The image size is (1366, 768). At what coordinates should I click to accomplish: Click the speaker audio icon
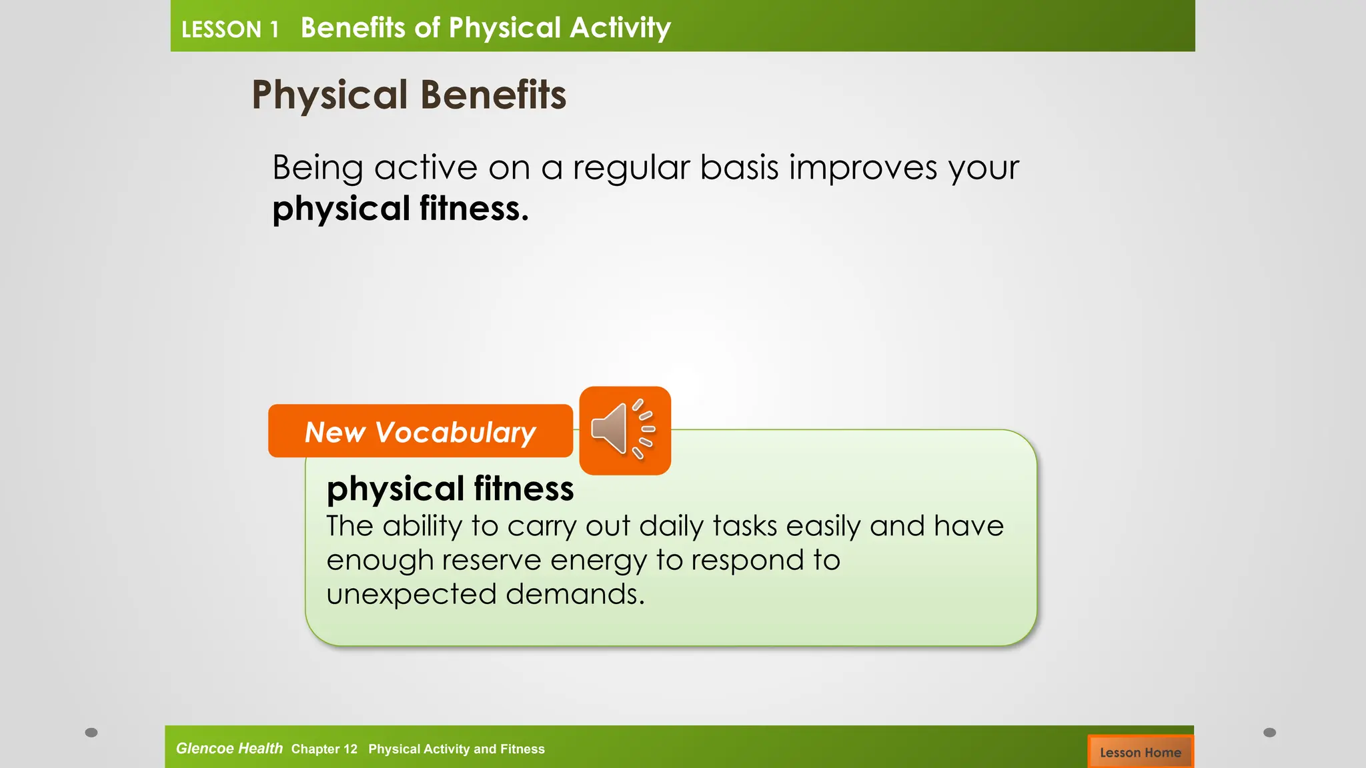tap(624, 431)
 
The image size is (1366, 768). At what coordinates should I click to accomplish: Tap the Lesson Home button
tap(1140, 752)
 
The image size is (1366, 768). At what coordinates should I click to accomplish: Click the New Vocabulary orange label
tap(420, 431)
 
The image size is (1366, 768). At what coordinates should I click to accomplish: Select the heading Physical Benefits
tap(409, 95)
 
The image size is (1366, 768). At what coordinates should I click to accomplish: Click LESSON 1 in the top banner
tap(229, 29)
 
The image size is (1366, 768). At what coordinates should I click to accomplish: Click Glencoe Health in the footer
tap(229, 748)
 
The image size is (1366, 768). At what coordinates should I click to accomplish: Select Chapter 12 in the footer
tap(324, 749)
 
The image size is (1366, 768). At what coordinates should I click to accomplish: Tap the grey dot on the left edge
tap(91, 732)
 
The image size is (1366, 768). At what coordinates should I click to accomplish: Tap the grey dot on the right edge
tap(1269, 732)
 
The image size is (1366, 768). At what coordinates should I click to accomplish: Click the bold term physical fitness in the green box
tap(450, 488)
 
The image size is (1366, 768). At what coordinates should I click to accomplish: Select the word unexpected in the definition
tap(410, 593)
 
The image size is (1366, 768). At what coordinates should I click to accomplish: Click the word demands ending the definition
tap(574, 593)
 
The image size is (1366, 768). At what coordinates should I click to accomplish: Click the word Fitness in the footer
tap(522, 749)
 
